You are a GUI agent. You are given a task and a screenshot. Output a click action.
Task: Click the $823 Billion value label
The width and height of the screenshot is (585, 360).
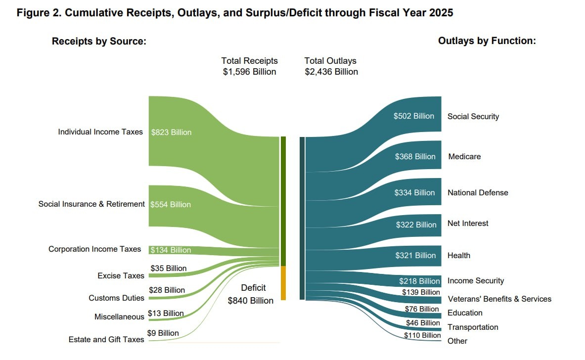(171, 132)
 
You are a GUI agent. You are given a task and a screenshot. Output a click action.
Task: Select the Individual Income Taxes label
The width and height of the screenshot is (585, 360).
(100, 132)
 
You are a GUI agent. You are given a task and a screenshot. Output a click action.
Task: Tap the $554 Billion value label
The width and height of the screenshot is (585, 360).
(171, 204)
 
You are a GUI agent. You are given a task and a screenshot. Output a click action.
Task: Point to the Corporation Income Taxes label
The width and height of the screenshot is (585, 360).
(94, 249)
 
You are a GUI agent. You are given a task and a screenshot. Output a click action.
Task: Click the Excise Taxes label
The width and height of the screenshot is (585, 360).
(121, 275)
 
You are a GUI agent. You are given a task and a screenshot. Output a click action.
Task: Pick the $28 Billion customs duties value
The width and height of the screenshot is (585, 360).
(167, 290)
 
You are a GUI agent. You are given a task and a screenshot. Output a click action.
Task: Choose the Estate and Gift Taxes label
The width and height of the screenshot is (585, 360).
(106, 339)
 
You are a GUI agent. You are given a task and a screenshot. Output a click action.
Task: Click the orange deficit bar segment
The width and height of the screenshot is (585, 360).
(283, 283)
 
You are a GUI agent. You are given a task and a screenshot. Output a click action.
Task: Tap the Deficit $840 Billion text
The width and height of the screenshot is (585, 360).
(251, 294)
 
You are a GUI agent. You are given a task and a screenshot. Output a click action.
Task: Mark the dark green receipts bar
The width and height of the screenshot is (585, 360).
(283, 201)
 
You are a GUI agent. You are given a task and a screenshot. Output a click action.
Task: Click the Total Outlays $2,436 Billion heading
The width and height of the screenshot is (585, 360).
(331, 66)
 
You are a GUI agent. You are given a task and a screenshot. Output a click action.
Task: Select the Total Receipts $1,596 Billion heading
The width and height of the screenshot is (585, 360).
(250, 66)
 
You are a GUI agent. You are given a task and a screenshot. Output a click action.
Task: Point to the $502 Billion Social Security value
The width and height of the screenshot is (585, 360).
(414, 116)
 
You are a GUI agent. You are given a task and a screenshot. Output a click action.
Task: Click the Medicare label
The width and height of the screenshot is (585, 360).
(464, 156)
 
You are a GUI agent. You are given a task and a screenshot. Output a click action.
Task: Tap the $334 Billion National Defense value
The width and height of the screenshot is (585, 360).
(414, 193)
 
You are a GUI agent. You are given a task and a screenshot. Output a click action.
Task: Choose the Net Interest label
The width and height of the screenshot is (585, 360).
(468, 224)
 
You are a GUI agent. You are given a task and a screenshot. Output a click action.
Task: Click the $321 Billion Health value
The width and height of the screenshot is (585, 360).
(415, 256)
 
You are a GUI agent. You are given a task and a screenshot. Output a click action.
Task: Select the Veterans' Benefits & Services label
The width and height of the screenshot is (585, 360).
(499, 299)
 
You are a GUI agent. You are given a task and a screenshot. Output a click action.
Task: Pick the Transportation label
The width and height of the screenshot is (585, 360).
(473, 327)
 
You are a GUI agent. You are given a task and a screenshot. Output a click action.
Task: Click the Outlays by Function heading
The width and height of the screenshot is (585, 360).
(487, 41)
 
